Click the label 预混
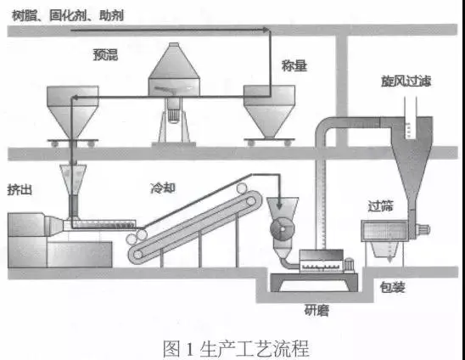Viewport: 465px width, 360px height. pos(105,54)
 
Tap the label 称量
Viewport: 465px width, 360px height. pos(294,65)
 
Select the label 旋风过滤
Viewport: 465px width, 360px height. pos(406,81)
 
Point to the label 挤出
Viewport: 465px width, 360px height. pos(20,189)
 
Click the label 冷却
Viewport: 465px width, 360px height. pos(163,188)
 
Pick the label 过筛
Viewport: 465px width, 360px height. pos(380,205)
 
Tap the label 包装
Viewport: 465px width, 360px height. pos(392,287)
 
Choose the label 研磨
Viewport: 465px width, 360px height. pos(317,311)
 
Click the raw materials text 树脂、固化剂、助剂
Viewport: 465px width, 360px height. pos(68,15)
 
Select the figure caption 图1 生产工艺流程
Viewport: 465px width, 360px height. pos(236,348)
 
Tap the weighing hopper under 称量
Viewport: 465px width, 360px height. pos(269,111)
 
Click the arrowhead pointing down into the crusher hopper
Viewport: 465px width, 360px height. pos(279,205)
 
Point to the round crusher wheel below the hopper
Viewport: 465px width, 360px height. pos(283,229)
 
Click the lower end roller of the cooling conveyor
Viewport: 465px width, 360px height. pos(137,255)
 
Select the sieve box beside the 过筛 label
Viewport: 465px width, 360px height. pos(384,231)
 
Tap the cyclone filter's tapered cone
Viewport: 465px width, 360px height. pos(412,173)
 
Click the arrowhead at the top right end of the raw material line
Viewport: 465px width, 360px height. pos(266,30)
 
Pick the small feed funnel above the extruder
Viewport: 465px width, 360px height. pos(73,179)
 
